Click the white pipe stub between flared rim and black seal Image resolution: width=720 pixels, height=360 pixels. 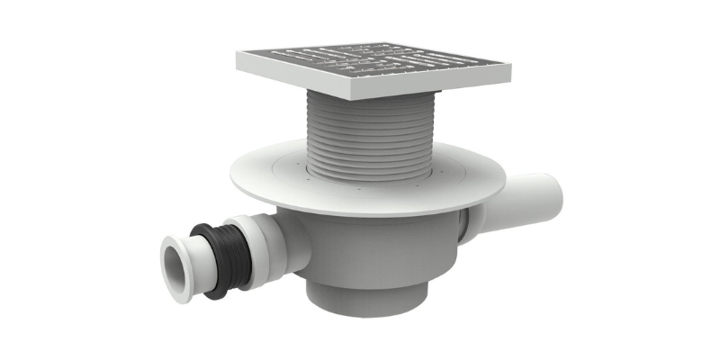coord(196,262)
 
